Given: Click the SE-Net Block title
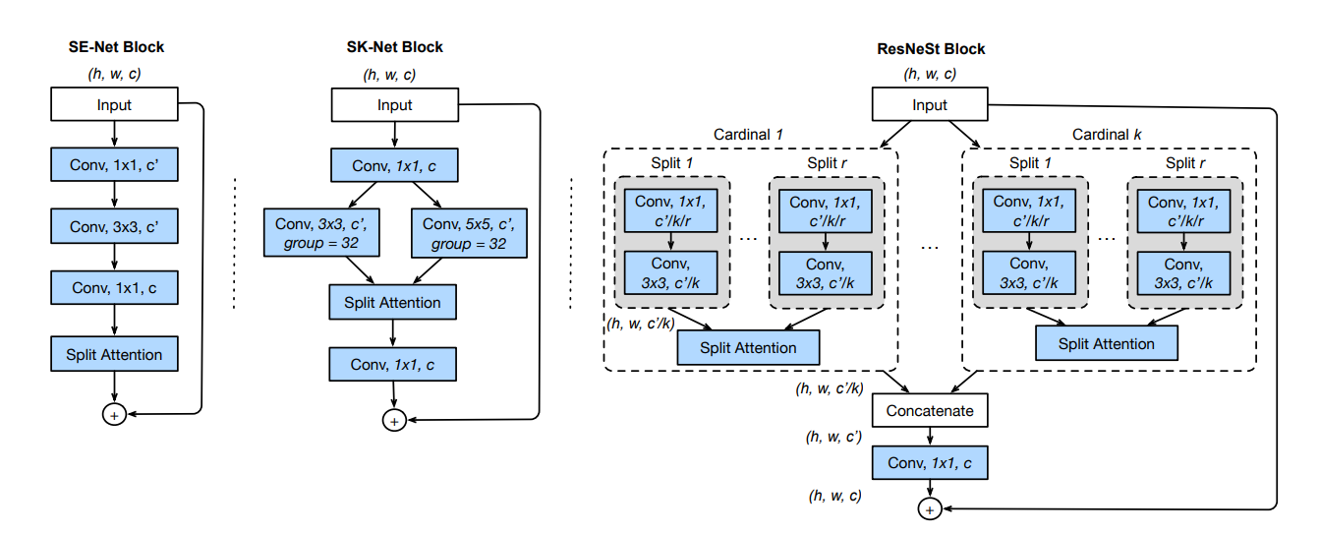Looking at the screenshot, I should pyautogui.click(x=115, y=46).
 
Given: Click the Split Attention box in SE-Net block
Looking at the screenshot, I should pyautogui.click(x=114, y=354).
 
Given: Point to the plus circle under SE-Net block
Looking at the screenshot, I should pyautogui.click(x=114, y=416).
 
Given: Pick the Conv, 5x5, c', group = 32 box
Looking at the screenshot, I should pyautogui.click(x=464, y=233).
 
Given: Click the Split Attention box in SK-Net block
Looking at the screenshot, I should pyautogui.click(x=392, y=302).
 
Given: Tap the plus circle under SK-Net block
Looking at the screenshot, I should pyautogui.click(x=393, y=420).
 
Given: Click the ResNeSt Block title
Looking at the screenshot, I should pyautogui.click(x=930, y=48).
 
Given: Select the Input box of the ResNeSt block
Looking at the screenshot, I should pyautogui.click(x=929, y=105).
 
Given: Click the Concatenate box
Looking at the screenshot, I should pyautogui.click(x=929, y=410).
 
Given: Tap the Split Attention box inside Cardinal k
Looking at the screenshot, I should pyautogui.click(x=1108, y=343).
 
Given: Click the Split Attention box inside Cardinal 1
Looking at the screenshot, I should pyautogui.click(x=749, y=347).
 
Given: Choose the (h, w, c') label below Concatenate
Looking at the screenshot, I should pyautogui.click(x=834, y=436).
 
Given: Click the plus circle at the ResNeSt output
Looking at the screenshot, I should pyautogui.click(x=929, y=507).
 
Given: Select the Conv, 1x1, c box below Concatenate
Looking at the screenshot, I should pyautogui.click(x=929, y=461).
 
